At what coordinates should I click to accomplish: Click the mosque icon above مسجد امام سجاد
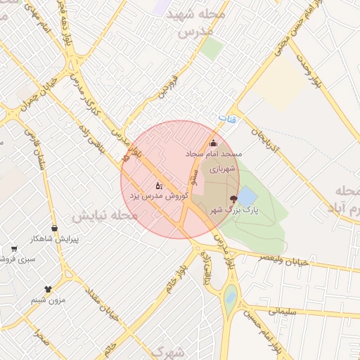[214, 143]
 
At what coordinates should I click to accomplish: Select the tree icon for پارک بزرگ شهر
[233, 200]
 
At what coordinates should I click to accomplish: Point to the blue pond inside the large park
[248, 196]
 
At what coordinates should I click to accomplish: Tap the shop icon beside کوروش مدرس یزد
[160, 186]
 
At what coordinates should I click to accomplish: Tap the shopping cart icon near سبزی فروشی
[14, 249]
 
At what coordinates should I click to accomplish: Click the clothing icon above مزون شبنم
[48, 288]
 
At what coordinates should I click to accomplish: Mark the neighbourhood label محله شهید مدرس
[186, 24]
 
